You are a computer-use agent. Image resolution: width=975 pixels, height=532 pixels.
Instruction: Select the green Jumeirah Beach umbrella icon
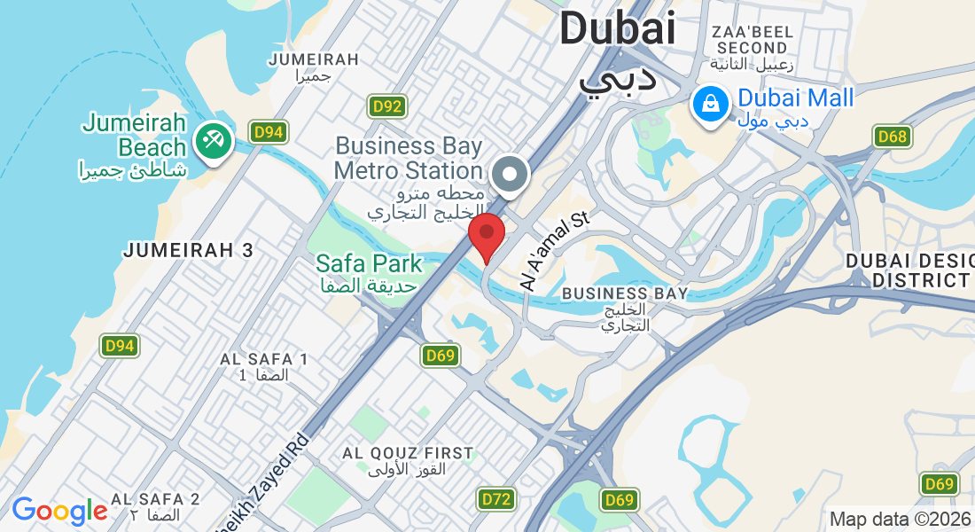click(x=213, y=139)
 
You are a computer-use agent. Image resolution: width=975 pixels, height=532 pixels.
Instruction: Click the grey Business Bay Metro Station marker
click(x=510, y=175)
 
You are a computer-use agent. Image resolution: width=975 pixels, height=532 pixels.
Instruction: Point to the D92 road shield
click(x=387, y=107)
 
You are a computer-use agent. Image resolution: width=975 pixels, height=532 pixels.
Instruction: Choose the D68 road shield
click(x=892, y=137)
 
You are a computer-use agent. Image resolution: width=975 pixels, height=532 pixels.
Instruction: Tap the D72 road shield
click(x=496, y=499)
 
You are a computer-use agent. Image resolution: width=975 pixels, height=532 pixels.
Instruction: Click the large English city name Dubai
click(x=617, y=28)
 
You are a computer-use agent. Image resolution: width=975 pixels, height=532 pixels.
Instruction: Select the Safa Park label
click(x=370, y=263)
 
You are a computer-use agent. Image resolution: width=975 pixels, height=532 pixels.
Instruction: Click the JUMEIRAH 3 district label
click(x=188, y=250)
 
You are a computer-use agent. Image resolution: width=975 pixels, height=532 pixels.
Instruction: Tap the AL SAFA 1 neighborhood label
click(x=263, y=359)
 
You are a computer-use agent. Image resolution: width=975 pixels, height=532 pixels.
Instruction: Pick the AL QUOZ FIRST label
click(x=408, y=453)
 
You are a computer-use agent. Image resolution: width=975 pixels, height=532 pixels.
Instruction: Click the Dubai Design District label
click(x=909, y=270)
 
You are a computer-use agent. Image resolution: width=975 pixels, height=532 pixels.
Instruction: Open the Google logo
click(x=59, y=511)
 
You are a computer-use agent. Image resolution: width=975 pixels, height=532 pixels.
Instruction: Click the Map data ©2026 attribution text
click(x=899, y=519)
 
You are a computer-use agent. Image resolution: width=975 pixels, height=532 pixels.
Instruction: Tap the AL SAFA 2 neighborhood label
click(x=155, y=499)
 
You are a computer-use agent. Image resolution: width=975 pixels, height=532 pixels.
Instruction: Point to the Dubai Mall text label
click(x=796, y=98)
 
